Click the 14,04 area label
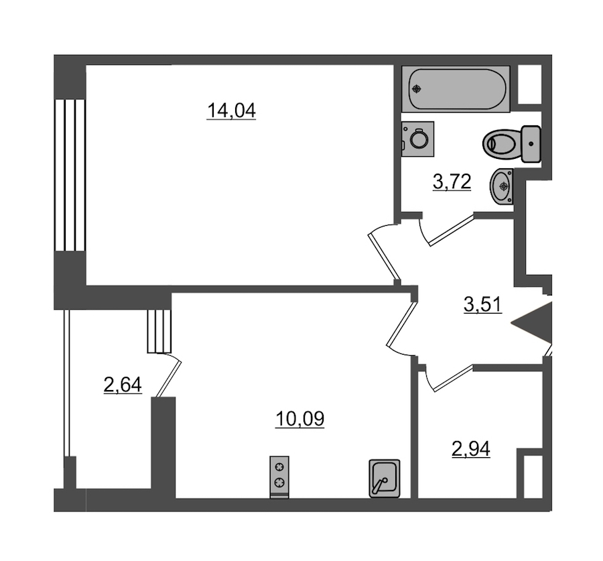231,111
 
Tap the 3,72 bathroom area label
452,182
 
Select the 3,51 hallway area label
483,305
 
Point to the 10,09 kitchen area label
300,419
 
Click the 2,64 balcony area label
123,385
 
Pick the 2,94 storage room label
471,448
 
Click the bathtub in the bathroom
456,89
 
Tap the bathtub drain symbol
417,89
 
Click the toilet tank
531,143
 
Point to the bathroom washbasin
501,186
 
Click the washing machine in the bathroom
417,139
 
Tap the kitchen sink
384,479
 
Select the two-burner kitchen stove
279,477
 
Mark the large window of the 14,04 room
70,176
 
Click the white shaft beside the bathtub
530,84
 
